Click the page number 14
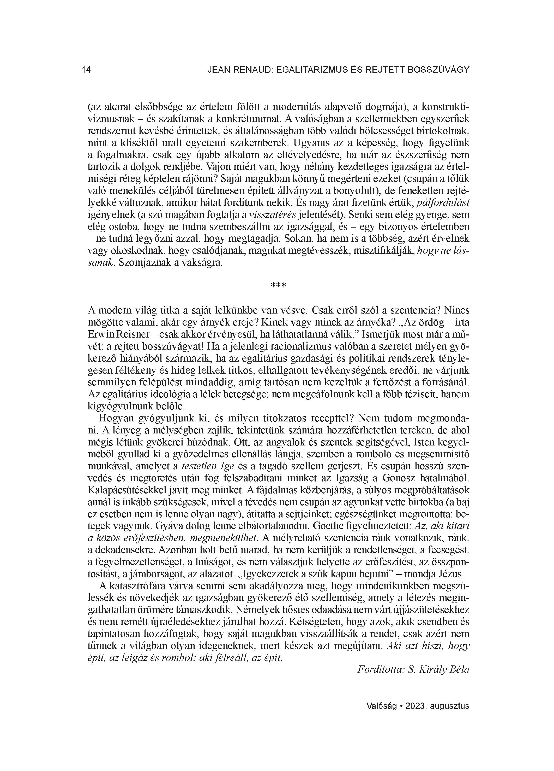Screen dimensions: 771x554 click(x=86, y=70)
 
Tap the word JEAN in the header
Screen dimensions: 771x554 click(x=218, y=70)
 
